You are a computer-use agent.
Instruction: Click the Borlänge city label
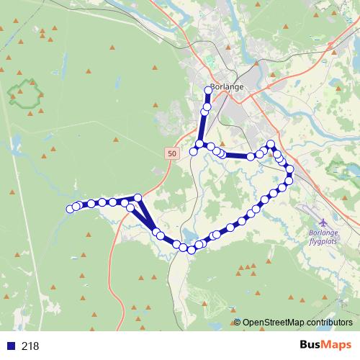click(227, 86)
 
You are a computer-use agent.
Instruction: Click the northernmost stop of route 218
click(210, 90)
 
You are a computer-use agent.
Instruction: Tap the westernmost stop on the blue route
click(71, 209)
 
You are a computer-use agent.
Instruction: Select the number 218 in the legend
click(30, 346)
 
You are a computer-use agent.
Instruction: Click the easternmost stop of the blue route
click(290, 170)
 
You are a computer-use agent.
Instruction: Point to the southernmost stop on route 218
click(192, 250)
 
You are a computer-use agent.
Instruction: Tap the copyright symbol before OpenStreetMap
click(238, 322)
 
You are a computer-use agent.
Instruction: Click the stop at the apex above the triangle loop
click(138, 197)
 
